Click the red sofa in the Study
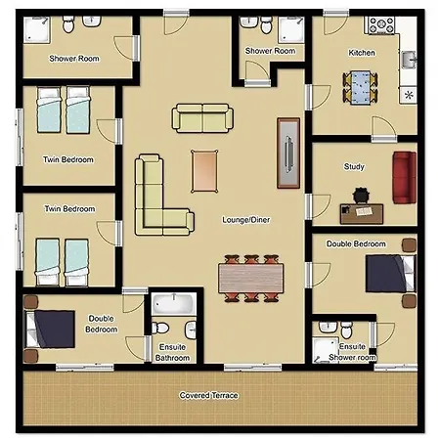pos(405,178)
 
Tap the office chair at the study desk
pos(361,195)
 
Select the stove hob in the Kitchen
pos(381,25)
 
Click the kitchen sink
pos(409,60)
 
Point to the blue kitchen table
pos(360,87)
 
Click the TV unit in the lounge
pos(288,154)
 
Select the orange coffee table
pos(204,171)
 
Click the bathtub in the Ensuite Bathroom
pos(174,303)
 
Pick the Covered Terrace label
pos(208,395)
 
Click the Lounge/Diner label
pos(246,220)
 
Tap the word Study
pos(354,166)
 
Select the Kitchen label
pos(362,53)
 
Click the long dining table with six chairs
pos(251,278)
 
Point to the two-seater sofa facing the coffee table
pos(202,118)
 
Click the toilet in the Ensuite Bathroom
pos(160,328)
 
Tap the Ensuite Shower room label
pos(352,352)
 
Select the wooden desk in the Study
pos(362,213)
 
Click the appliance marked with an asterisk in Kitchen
pos(409,95)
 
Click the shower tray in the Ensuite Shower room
pos(325,350)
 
